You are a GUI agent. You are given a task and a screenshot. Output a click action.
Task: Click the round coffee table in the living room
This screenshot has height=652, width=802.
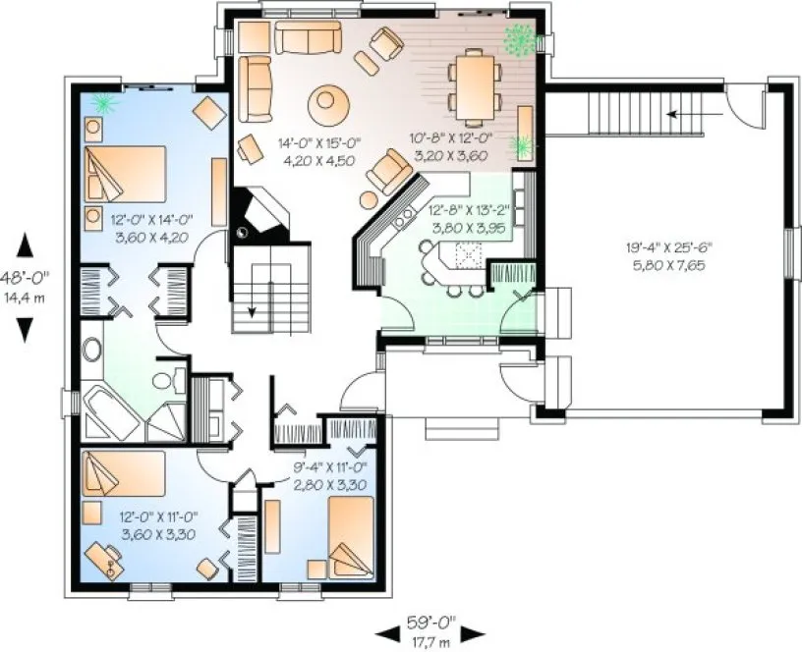327,101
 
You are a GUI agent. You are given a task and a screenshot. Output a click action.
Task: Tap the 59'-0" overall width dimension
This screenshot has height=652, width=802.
430,621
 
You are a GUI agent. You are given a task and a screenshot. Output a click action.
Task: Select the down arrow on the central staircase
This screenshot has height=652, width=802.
253,309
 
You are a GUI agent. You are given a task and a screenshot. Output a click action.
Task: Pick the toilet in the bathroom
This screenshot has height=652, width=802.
169,378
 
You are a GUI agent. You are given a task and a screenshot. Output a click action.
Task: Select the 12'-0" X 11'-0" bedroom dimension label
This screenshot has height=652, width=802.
159,525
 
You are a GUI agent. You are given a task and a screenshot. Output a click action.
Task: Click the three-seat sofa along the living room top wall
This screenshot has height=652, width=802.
307,36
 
